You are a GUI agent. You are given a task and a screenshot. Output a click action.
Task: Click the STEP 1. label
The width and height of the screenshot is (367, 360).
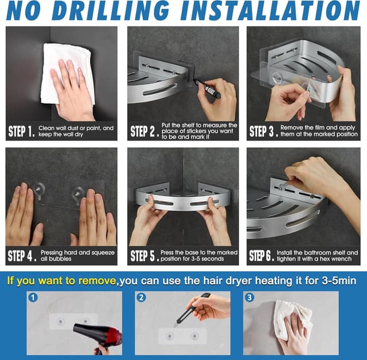pyautogui.click(x=22, y=131)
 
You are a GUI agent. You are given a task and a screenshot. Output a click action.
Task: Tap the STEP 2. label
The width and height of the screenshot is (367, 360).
pyautogui.click(x=145, y=131)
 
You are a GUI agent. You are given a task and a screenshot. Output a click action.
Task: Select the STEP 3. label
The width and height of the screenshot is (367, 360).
pyautogui.click(x=264, y=131)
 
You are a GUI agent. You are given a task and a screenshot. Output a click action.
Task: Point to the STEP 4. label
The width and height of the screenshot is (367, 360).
pyautogui.click(x=22, y=256)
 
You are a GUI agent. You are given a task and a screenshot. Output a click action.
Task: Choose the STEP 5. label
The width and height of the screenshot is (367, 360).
pyautogui.click(x=145, y=256)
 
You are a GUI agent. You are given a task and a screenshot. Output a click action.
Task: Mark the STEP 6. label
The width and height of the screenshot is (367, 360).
pyautogui.click(x=261, y=256)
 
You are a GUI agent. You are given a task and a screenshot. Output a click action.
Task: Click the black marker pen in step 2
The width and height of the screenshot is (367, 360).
pyautogui.click(x=206, y=88)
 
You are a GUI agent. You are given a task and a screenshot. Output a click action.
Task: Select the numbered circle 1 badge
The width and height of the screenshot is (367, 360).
pyautogui.click(x=33, y=298)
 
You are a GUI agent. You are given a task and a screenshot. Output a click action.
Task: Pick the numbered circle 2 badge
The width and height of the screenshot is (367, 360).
pyautogui.click(x=141, y=298)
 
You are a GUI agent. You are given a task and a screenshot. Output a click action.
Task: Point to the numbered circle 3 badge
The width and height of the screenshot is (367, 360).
pyautogui.click(x=249, y=298)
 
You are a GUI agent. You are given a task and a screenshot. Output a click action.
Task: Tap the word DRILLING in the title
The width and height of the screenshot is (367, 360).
pyautogui.click(x=110, y=10)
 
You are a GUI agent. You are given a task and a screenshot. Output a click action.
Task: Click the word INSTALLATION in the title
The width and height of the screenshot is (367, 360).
pyautogui.click(x=270, y=10)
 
